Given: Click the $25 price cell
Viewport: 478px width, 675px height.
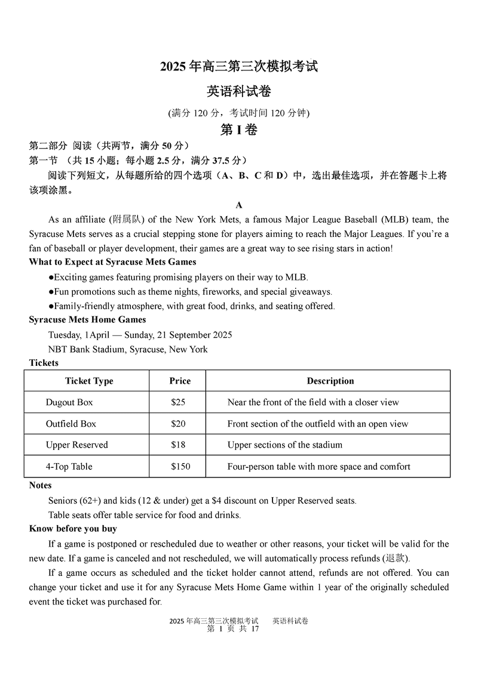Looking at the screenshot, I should tap(178, 402).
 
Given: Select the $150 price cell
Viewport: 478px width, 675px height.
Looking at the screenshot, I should tap(180, 467).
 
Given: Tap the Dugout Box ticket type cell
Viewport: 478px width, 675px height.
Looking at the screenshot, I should tap(69, 402).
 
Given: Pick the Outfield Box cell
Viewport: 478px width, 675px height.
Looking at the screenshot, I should tap(71, 424).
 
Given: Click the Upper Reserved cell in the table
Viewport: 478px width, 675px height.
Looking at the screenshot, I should tap(77, 445).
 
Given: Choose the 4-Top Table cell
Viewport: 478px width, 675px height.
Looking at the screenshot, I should tap(69, 467).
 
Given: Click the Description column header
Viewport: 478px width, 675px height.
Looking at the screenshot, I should tap(330, 381).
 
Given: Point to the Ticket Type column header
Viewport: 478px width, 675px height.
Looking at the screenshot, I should tap(89, 381).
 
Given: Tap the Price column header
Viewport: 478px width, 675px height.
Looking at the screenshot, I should tap(180, 381).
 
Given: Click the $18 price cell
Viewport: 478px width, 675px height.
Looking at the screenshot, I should tap(178, 445).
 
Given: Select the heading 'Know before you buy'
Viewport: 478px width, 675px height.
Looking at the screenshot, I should tap(73, 529).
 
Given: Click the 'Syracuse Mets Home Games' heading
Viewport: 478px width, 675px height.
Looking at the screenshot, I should tap(87, 320).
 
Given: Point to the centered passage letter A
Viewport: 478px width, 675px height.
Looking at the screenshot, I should tap(239, 205).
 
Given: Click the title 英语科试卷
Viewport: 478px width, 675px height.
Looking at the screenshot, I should tap(239, 92).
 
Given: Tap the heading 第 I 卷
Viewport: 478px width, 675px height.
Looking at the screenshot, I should tap(239, 130).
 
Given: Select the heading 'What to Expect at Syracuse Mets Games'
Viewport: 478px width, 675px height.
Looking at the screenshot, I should tap(112, 262).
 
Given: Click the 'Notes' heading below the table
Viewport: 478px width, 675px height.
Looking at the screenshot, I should tap(41, 485).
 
